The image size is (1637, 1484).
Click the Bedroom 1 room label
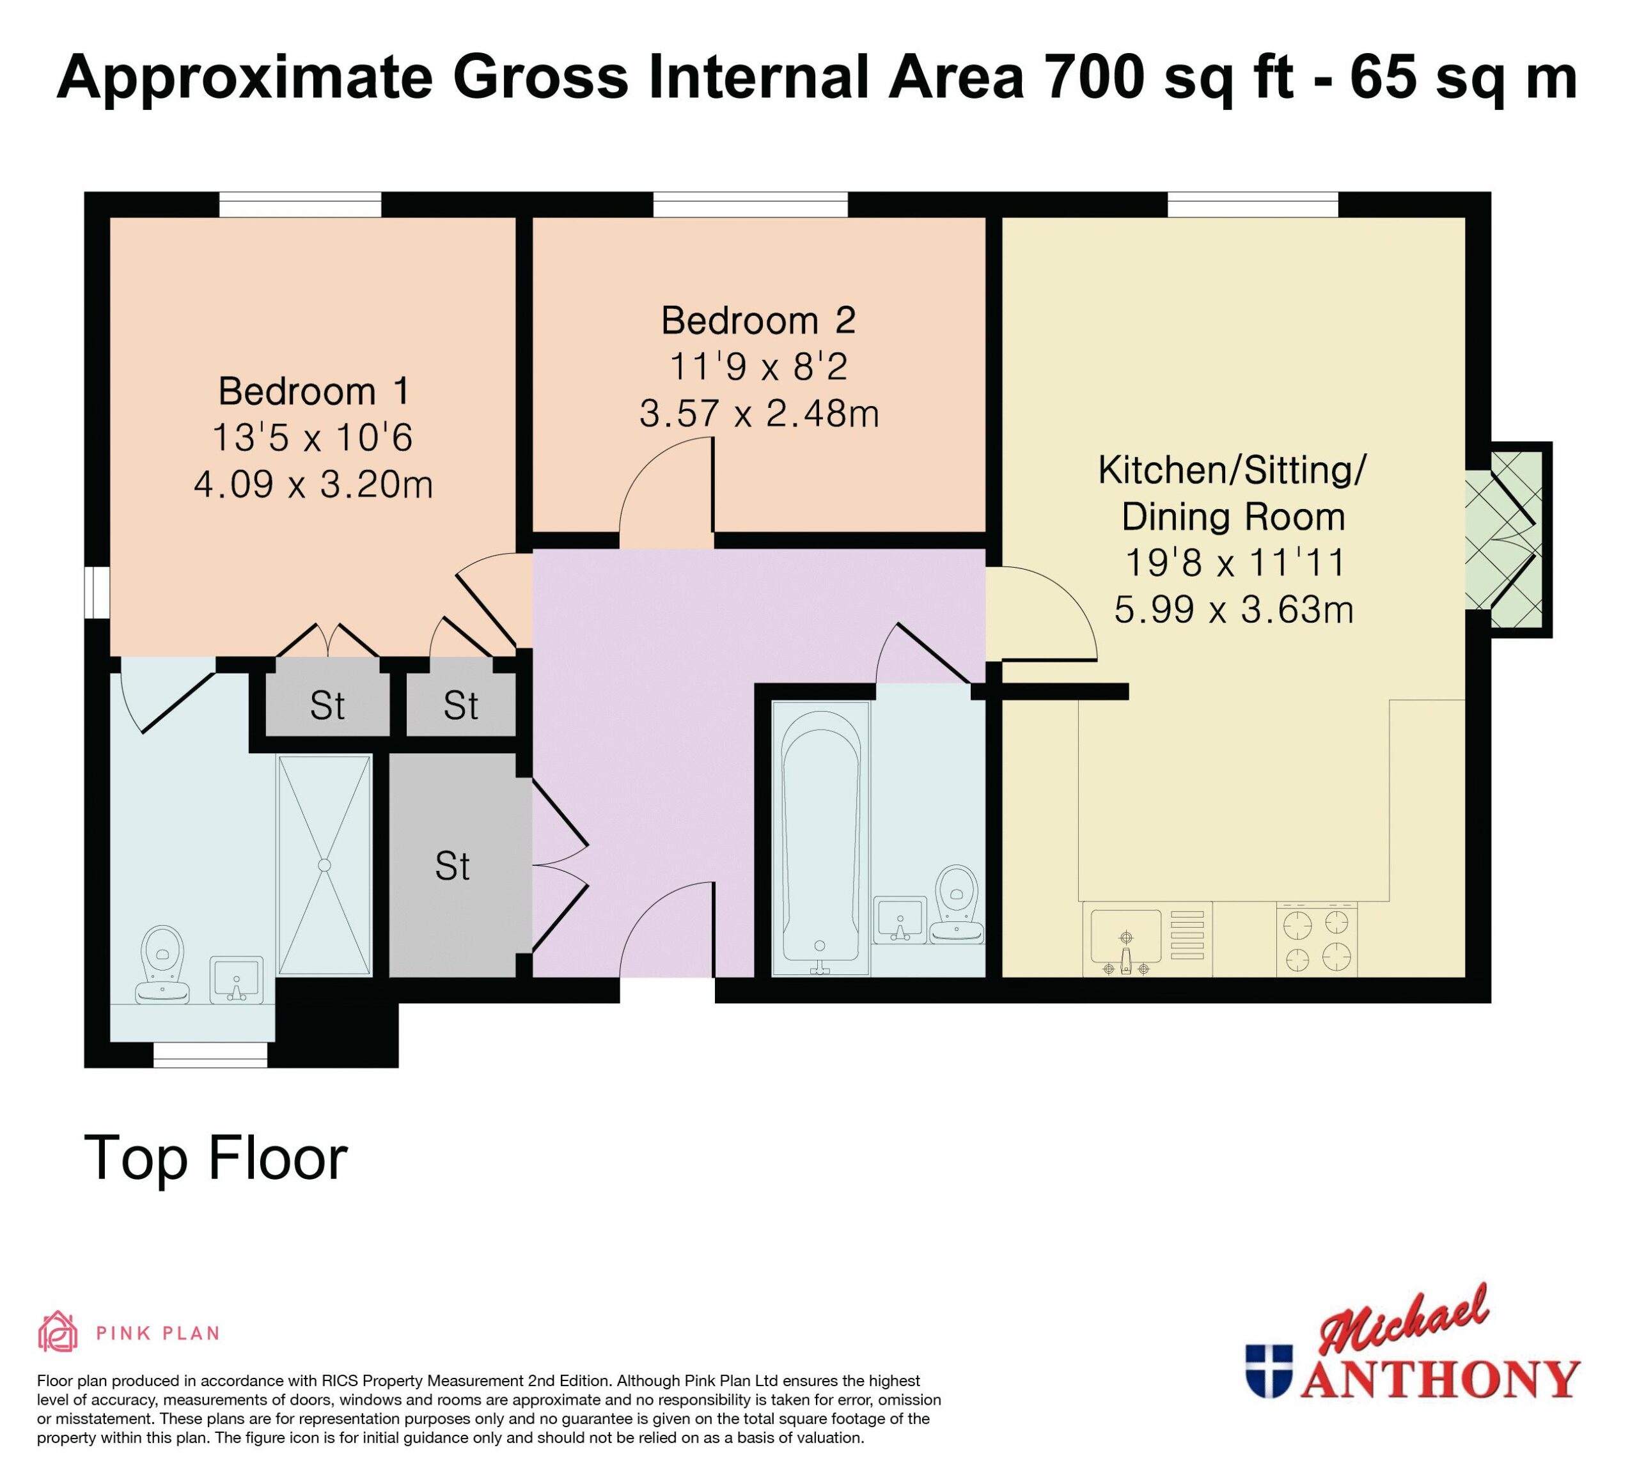pos(313,391)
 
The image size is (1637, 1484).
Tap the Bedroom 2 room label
pos(758,321)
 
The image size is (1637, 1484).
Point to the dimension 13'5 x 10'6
pos(313,439)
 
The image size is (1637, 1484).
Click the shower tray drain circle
pos(325,865)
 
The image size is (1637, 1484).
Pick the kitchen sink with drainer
pos(1147,940)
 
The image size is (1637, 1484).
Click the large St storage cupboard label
pos(452,866)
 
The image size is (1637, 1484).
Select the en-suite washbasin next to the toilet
pos(237,980)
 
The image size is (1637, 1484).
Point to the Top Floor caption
pos(216,1159)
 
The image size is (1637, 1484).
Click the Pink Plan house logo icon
pos(58,1332)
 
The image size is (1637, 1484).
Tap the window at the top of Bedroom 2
pos(750,205)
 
